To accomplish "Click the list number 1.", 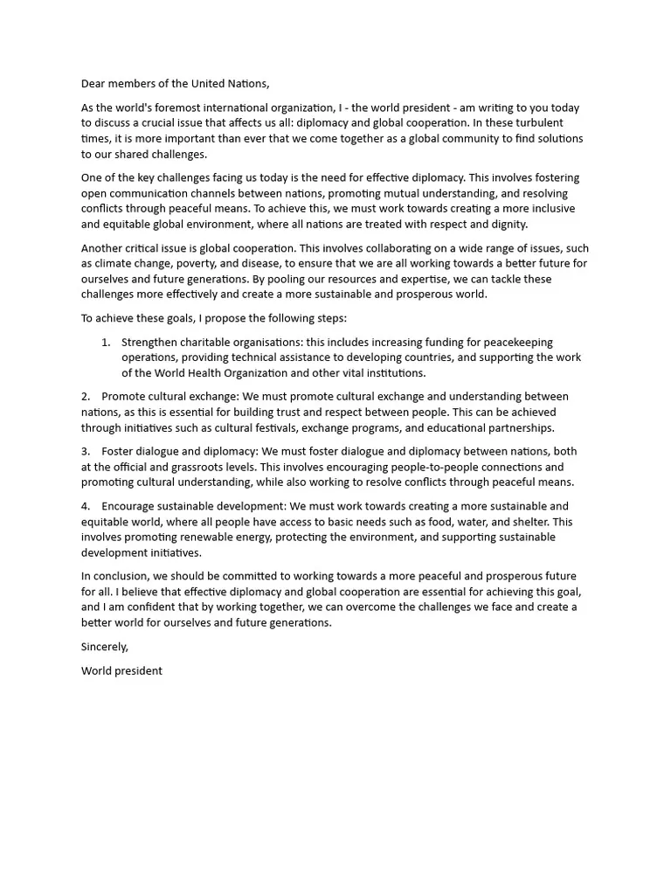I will (106, 342).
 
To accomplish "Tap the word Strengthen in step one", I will (150, 342).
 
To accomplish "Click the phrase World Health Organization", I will (204, 373).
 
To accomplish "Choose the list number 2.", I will (86, 397).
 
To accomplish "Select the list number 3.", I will (86, 451).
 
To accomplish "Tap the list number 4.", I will (86, 506).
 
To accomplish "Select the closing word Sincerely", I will (105, 647).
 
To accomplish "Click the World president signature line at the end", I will (121, 671).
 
